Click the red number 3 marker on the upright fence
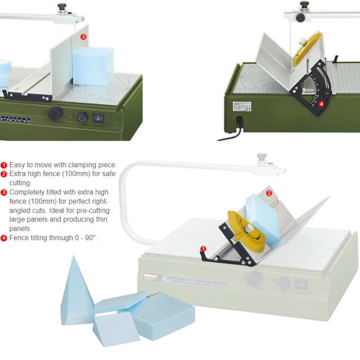(83, 37)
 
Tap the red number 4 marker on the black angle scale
(321, 104)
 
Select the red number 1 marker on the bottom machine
(204, 249)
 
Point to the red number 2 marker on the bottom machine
(269, 193)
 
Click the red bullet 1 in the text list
(4, 165)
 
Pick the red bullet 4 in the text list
(4, 238)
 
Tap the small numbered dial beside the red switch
(83, 118)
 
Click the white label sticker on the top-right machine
(234, 105)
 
